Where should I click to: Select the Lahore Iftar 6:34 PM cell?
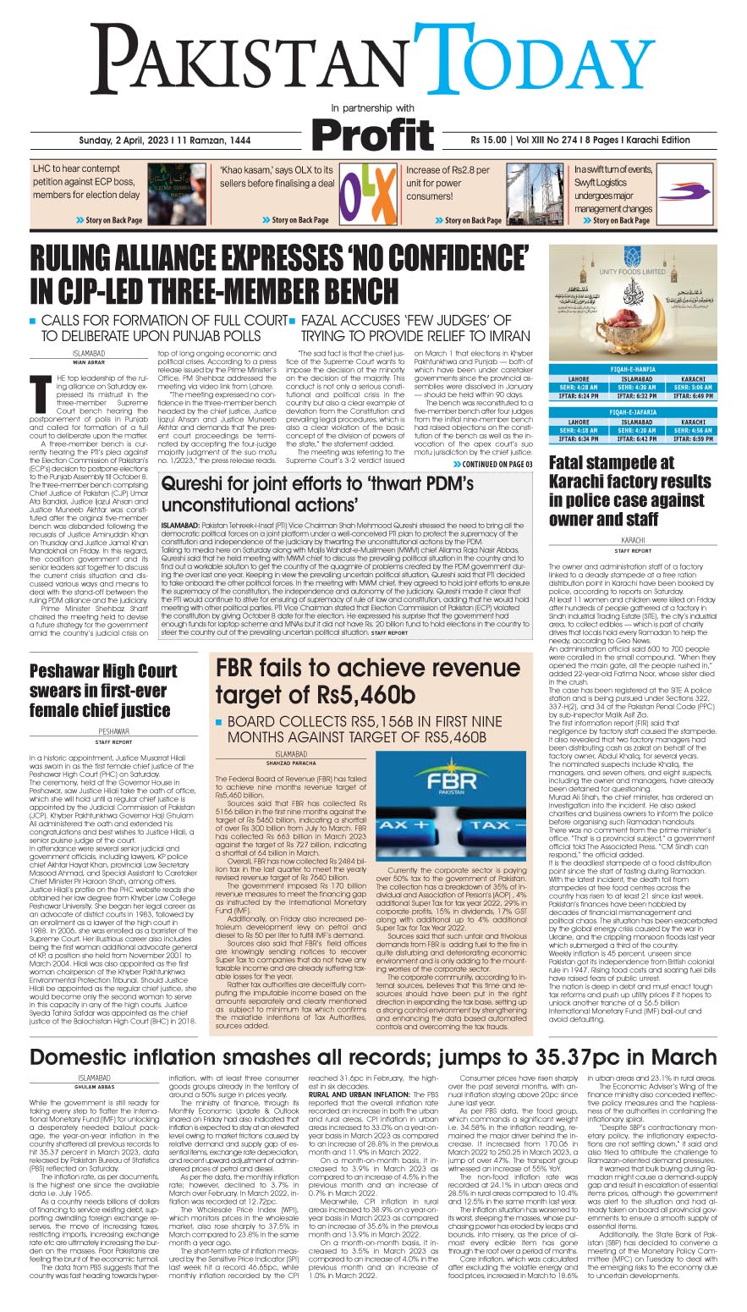tap(579, 439)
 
